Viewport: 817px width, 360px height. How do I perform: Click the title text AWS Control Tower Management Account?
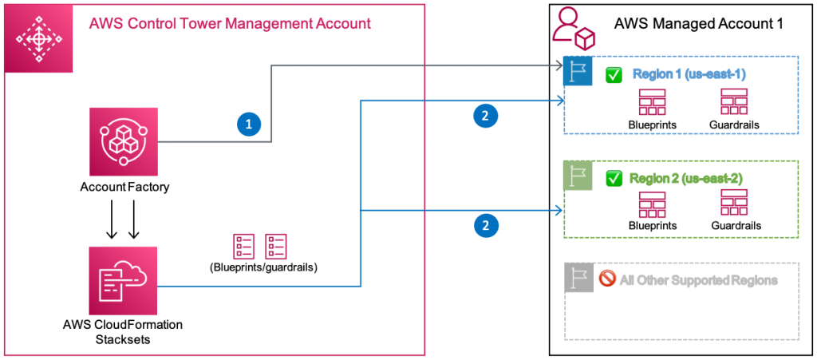click(x=229, y=23)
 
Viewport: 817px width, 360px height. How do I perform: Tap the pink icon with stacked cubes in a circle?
click(x=124, y=141)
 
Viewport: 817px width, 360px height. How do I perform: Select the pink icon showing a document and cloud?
click(x=124, y=280)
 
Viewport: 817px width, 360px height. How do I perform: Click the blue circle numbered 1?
click(x=249, y=124)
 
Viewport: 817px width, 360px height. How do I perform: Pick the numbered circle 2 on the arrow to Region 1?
click(x=485, y=116)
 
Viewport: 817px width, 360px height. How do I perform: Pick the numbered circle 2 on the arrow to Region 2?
click(x=485, y=226)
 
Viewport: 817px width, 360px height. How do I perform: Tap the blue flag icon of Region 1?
click(x=578, y=71)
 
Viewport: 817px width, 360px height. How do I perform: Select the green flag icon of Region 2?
click(x=578, y=176)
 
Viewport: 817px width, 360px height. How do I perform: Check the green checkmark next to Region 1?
click(x=613, y=75)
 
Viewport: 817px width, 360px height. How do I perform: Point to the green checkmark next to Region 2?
click(x=614, y=178)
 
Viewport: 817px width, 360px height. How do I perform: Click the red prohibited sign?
click(x=606, y=279)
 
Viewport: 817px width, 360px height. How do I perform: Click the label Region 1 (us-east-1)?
click(x=689, y=74)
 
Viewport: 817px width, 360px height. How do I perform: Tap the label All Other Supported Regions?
click(x=698, y=281)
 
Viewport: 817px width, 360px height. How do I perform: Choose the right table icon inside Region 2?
click(x=733, y=203)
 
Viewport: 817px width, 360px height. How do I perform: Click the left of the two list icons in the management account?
click(x=243, y=247)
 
